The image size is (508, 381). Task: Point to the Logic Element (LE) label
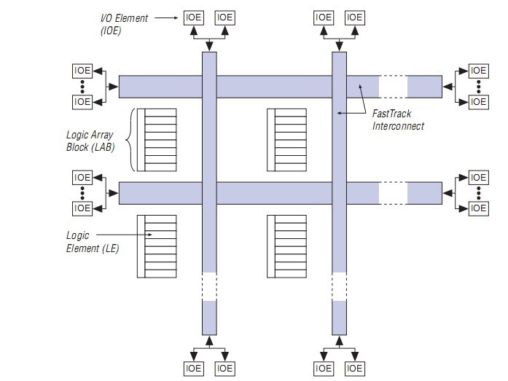[93, 243]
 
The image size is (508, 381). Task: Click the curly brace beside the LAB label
[132, 139]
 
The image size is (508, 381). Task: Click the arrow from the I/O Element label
[173, 17]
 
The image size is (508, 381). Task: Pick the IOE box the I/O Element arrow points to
[194, 17]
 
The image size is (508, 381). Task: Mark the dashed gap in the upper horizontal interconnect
[393, 86]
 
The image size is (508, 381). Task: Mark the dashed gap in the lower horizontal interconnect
[393, 192]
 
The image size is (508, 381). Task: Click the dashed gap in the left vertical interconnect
[209, 286]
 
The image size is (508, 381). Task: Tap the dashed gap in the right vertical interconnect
[338, 286]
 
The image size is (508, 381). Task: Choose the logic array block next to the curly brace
[157, 139]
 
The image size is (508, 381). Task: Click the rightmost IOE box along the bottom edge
[354, 369]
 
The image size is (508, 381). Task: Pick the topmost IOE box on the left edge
[83, 71]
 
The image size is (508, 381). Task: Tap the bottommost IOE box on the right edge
[478, 208]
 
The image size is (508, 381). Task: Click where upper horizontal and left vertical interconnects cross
[209, 86]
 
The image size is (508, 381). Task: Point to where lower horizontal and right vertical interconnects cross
[338, 192]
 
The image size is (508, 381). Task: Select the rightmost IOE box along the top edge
[354, 17]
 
